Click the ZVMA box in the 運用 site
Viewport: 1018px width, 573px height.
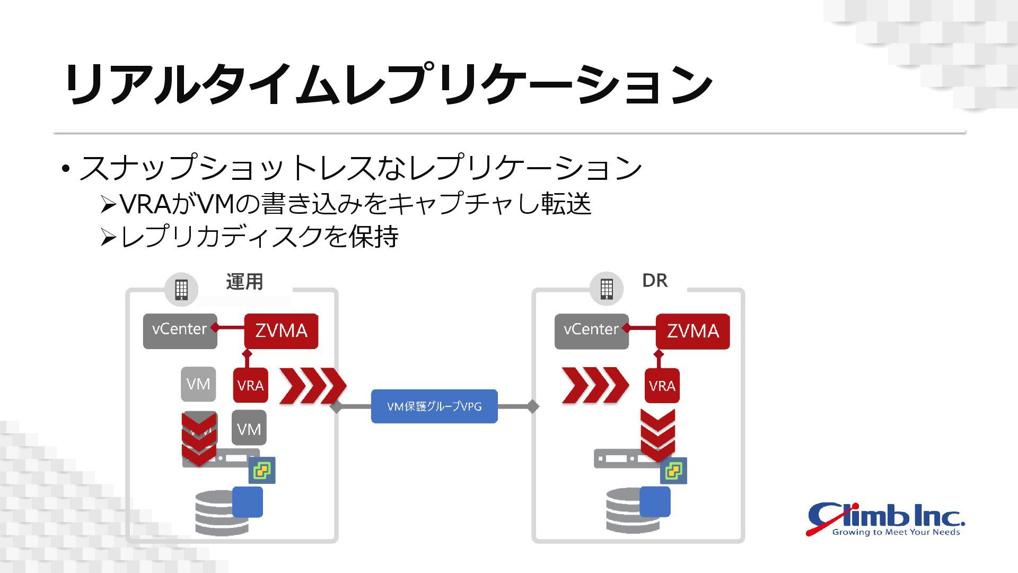pyautogui.click(x=281, y=331)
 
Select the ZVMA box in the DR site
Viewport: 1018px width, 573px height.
pyautogui.click(x=692, y=332)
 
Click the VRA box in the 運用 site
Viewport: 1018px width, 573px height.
pyautogui.click(x=250, y=386)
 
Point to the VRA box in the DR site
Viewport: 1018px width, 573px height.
pyautogui.click(x=662, y=386)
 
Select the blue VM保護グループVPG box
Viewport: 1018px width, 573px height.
pyautogui.click(x=434, y=406)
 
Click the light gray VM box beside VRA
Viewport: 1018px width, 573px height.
pyautogui.click(x=198, y=384)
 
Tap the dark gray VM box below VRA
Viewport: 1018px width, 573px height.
pyautogui.click(x=249, y=428)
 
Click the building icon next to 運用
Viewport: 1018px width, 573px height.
pyautogui.click(x=181, y=290)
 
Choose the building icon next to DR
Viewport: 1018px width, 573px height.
pyautogui.click(x=607, y=289)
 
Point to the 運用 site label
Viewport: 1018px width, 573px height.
pyautogui.click(x=244, y=282)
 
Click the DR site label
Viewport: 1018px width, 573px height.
pyautogui.click(x=655, y=281)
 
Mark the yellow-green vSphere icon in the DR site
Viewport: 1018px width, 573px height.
pyautogui.click(x=674, y=471)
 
